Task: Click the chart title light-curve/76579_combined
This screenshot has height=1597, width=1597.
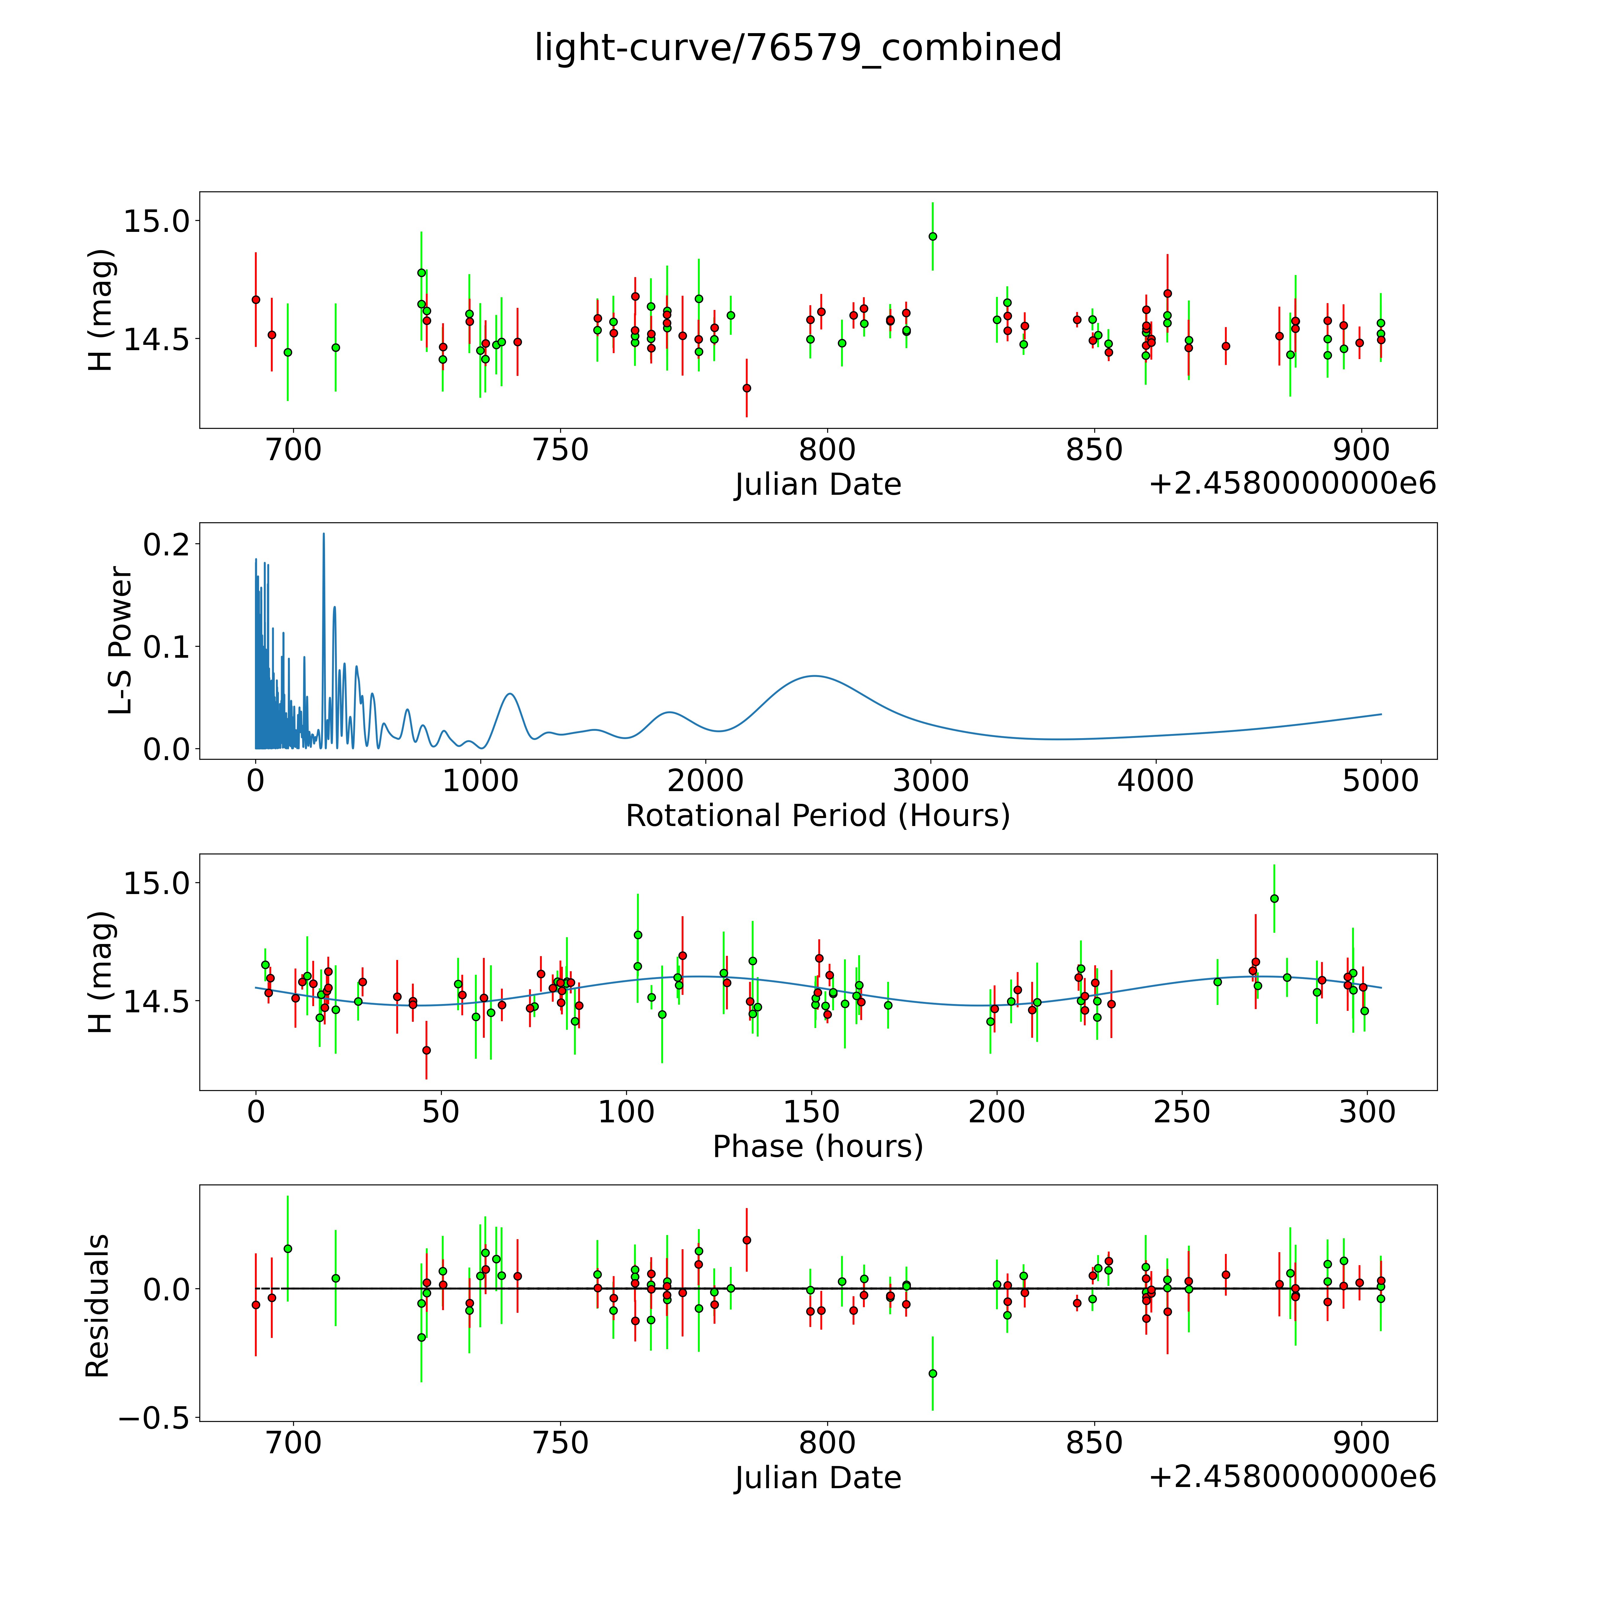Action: [x=798, y=48]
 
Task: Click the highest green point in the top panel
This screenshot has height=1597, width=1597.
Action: [x=932, y=236]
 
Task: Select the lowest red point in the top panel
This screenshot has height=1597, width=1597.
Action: [x=746, y=388]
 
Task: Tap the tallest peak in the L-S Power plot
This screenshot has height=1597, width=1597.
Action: [x=323, y=534]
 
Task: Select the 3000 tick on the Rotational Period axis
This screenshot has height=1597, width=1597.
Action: [x=931, y=780]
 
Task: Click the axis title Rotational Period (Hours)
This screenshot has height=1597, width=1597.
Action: [x=817, y=816]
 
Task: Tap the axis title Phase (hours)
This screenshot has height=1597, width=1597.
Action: [x=817, y=1147]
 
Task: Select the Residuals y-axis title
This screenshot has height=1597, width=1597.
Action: [x=98, y=1306]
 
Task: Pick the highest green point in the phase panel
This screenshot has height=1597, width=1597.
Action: [x=1274, y=898]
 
